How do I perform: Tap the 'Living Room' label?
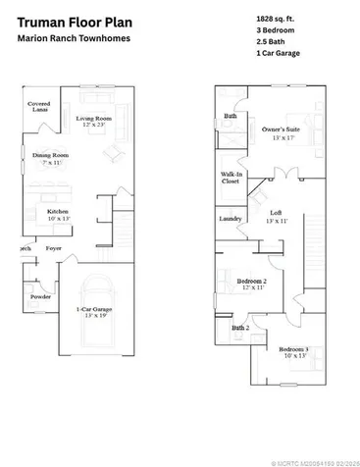click(x=95, y=119)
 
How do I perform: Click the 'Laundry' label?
click(x=231, y=218)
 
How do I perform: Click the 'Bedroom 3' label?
click(x=292, y=350)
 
